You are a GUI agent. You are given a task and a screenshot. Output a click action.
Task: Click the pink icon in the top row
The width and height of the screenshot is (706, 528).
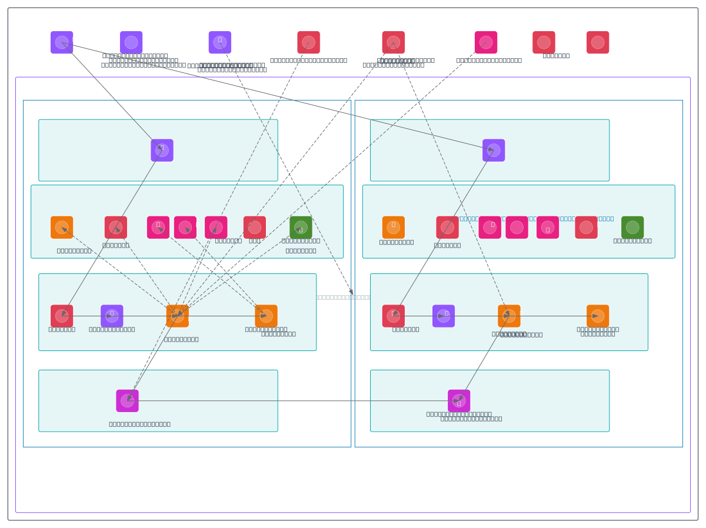[486, 42]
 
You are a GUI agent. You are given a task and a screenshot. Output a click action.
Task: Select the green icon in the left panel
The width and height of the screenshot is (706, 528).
[301, 228]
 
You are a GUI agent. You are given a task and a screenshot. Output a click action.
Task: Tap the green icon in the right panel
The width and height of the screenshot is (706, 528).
[632, 228]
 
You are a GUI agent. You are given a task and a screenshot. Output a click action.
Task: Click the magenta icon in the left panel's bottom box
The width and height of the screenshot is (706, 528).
[127, 401]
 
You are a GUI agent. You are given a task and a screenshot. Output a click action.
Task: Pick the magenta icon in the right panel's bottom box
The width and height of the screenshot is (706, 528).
[459, 401]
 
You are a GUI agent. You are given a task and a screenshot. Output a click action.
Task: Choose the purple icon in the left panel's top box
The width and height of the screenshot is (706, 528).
[162, 151]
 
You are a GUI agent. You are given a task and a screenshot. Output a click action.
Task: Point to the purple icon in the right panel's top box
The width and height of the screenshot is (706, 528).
[494, 151]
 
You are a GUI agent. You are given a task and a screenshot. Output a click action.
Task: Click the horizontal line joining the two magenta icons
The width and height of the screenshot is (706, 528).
[294, 401]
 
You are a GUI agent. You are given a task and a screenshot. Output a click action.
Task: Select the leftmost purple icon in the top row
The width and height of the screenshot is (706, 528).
[62, 42]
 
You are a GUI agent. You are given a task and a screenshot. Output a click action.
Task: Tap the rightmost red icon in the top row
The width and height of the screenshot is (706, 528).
[598, 42]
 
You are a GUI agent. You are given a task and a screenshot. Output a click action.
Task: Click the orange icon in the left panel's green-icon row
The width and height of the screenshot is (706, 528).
[62, 228]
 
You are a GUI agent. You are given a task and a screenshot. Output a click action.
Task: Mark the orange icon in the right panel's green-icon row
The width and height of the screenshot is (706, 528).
[394, 228]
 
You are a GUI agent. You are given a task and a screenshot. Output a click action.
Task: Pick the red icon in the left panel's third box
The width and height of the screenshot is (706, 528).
[62, 316]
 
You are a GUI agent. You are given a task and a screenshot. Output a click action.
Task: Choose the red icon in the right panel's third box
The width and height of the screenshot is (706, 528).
[394, 316]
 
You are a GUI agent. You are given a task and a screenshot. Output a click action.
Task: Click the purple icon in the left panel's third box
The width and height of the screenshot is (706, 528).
[112, 316]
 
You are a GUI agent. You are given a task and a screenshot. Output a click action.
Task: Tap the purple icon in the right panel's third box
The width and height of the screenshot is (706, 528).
[444, 316]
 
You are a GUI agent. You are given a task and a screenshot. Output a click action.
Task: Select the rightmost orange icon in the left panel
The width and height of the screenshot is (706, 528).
[266, 316]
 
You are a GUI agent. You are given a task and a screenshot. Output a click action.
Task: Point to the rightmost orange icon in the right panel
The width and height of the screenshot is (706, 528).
[598, 316]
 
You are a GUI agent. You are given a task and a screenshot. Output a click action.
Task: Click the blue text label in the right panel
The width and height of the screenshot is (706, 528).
[537, 218]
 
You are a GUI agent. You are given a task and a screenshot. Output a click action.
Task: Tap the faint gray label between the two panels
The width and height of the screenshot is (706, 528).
[343, 297]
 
